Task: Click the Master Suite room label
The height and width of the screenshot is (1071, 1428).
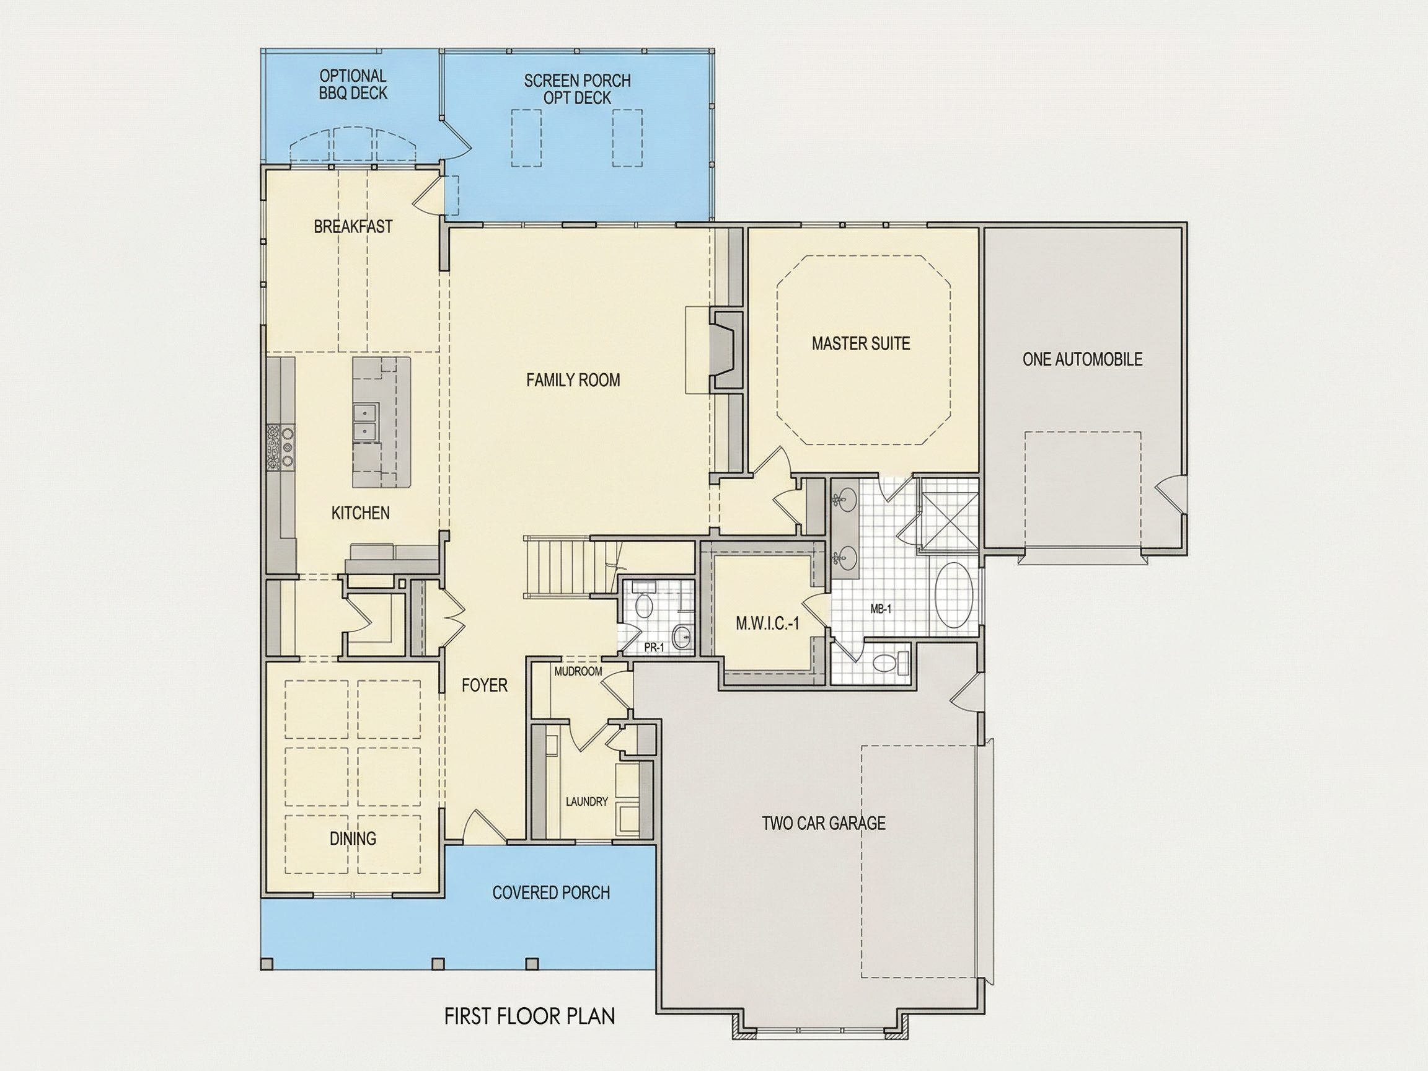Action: point(860,343)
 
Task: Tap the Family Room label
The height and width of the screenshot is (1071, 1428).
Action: point(573,380)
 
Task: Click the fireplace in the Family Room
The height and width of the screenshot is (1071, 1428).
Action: point(726,350)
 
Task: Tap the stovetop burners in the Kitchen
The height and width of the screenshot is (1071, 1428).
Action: point(281,446)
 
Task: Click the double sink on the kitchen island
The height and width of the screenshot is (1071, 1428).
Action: point(366,421)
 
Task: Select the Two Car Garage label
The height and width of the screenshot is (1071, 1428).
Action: point(823,823)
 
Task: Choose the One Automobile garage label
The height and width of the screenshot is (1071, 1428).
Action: point(1082,359)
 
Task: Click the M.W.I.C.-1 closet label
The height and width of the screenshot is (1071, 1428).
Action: point(767,623)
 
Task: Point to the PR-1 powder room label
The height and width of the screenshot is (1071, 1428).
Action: point(654,648)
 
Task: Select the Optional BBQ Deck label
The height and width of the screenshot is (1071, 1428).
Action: point(353,84)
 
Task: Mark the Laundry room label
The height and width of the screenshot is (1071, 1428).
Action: point(587,801)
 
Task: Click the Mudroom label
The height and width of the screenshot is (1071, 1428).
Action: point(578,671)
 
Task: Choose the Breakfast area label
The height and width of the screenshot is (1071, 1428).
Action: point(353,227)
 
